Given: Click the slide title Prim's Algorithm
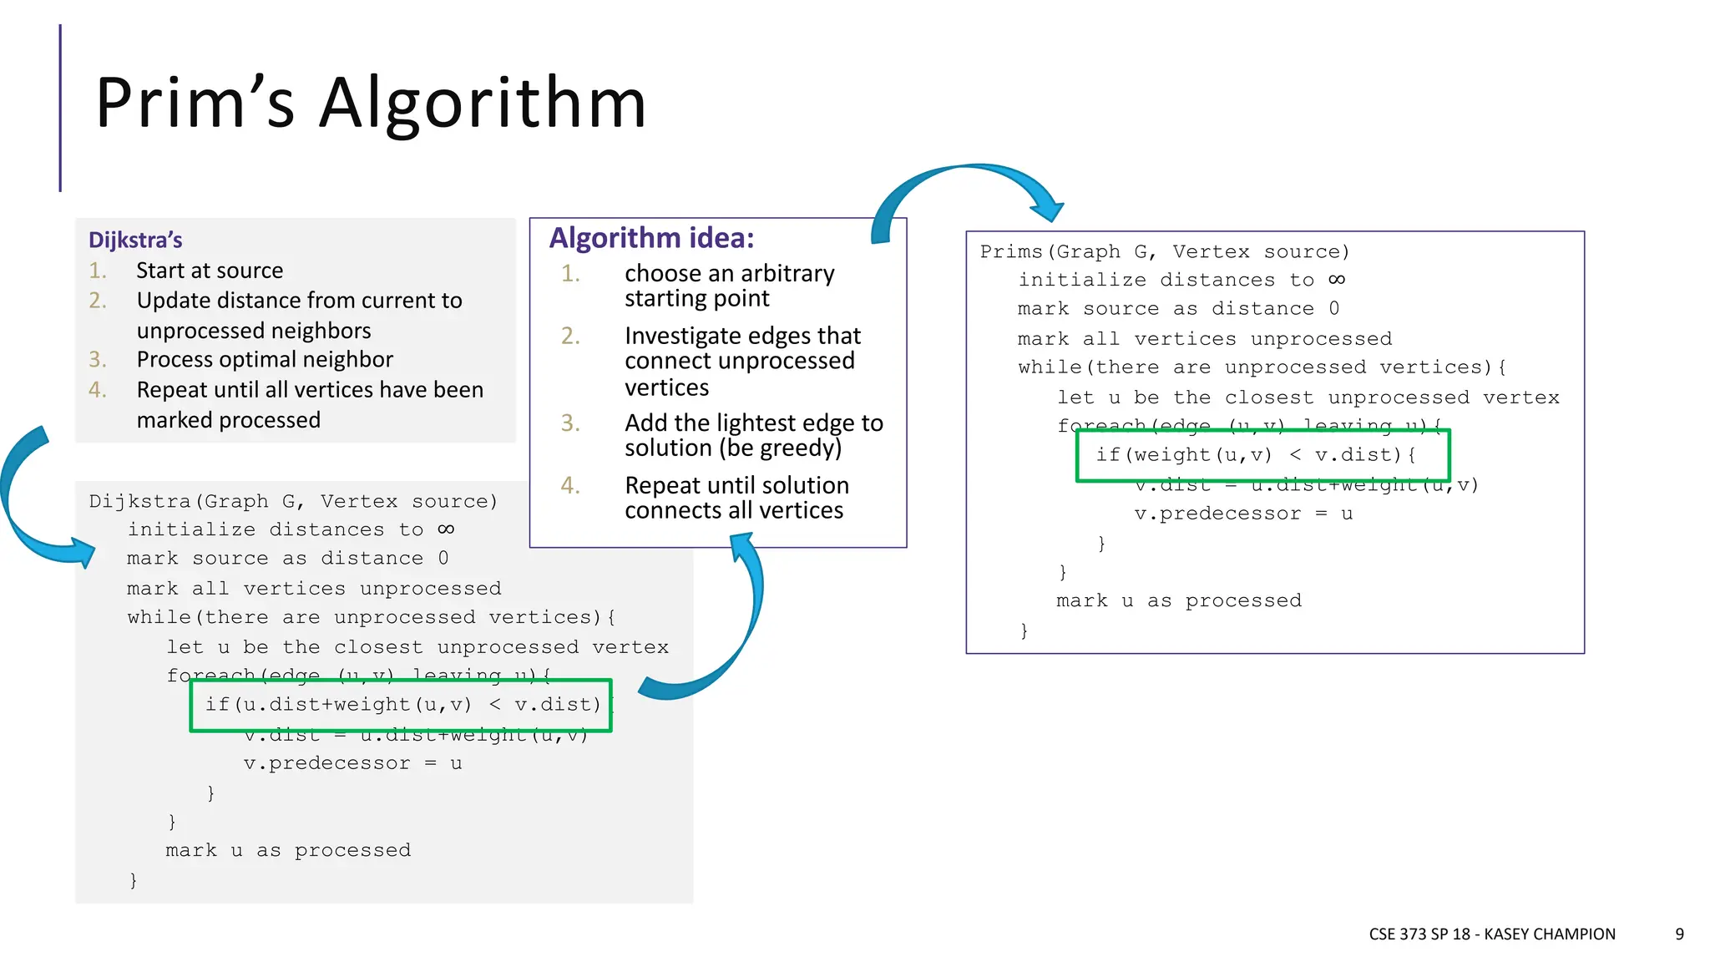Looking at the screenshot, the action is point(371,103).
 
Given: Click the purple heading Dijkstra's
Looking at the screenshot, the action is point(135,240).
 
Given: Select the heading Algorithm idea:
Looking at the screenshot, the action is point(651,239).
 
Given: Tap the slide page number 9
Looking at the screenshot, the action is point(1679,934).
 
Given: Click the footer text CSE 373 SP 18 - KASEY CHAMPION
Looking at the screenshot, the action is point(1491,934).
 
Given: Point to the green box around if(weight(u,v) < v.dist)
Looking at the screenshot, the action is point(1262,432).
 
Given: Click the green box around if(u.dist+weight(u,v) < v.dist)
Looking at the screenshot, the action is point(401,682).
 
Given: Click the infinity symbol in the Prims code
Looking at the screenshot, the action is point(1337,280).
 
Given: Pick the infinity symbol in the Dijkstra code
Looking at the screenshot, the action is point(446,529).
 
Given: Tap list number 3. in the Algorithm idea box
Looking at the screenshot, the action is point(570,423).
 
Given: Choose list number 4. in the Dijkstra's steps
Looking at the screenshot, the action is point(98,390).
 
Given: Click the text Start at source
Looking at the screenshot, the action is point(210,271).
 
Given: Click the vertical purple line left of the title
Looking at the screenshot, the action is point(60,109).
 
